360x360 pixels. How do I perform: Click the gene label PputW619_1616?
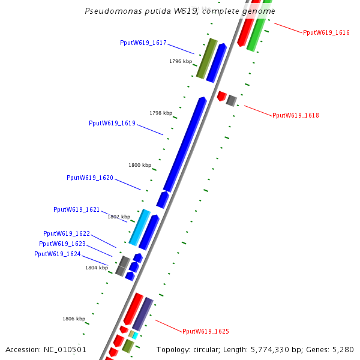[x=326, y=32]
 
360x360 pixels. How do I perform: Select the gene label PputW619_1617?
[x=143, y=43]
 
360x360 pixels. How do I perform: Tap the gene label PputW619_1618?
[x=296, y=115]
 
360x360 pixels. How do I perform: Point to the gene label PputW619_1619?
[x=112, y=123]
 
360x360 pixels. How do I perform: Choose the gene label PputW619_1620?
[x=90, y=178]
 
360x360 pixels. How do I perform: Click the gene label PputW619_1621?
[x=77, y=209]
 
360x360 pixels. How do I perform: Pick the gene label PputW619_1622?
[x=67, y=233]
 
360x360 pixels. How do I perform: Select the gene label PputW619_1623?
[x=62, y=244]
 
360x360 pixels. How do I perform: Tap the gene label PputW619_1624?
[x=58, y=254]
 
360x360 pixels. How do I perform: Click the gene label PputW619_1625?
[x=206, y=331]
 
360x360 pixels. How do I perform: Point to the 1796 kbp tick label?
[x=181, y=61]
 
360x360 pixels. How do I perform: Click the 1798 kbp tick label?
[x=161, y=113]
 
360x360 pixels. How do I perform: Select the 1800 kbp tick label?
[x=140, y=165]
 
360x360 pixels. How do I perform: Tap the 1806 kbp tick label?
[x=74, y=319]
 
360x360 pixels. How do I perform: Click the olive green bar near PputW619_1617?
[x=206, y=58]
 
